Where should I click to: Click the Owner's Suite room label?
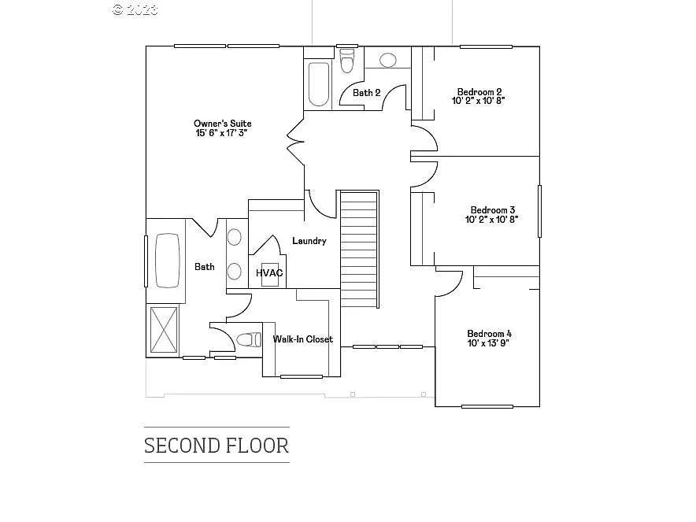click(223, 124)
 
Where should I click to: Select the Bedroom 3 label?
click(492, 210)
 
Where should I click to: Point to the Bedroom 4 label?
click(489, 333)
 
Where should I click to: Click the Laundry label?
click(309, 241)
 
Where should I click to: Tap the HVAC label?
click(269, 272)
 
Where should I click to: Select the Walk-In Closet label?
click(302, 339)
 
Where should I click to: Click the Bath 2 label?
click(366, 93)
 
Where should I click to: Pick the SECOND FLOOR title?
click(217, 446)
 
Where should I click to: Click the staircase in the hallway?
click(359, 250)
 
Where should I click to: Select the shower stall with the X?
click(164, 329)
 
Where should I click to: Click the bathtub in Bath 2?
click(319, 83)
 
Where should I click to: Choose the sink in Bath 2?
click(388, 60)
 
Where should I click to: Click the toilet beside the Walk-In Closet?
click(249, 340)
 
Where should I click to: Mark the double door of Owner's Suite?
click(296, 143)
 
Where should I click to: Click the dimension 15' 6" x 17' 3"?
click(223, 134)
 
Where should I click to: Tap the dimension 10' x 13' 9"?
click(489, 343)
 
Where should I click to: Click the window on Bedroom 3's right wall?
click(539, 210)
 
